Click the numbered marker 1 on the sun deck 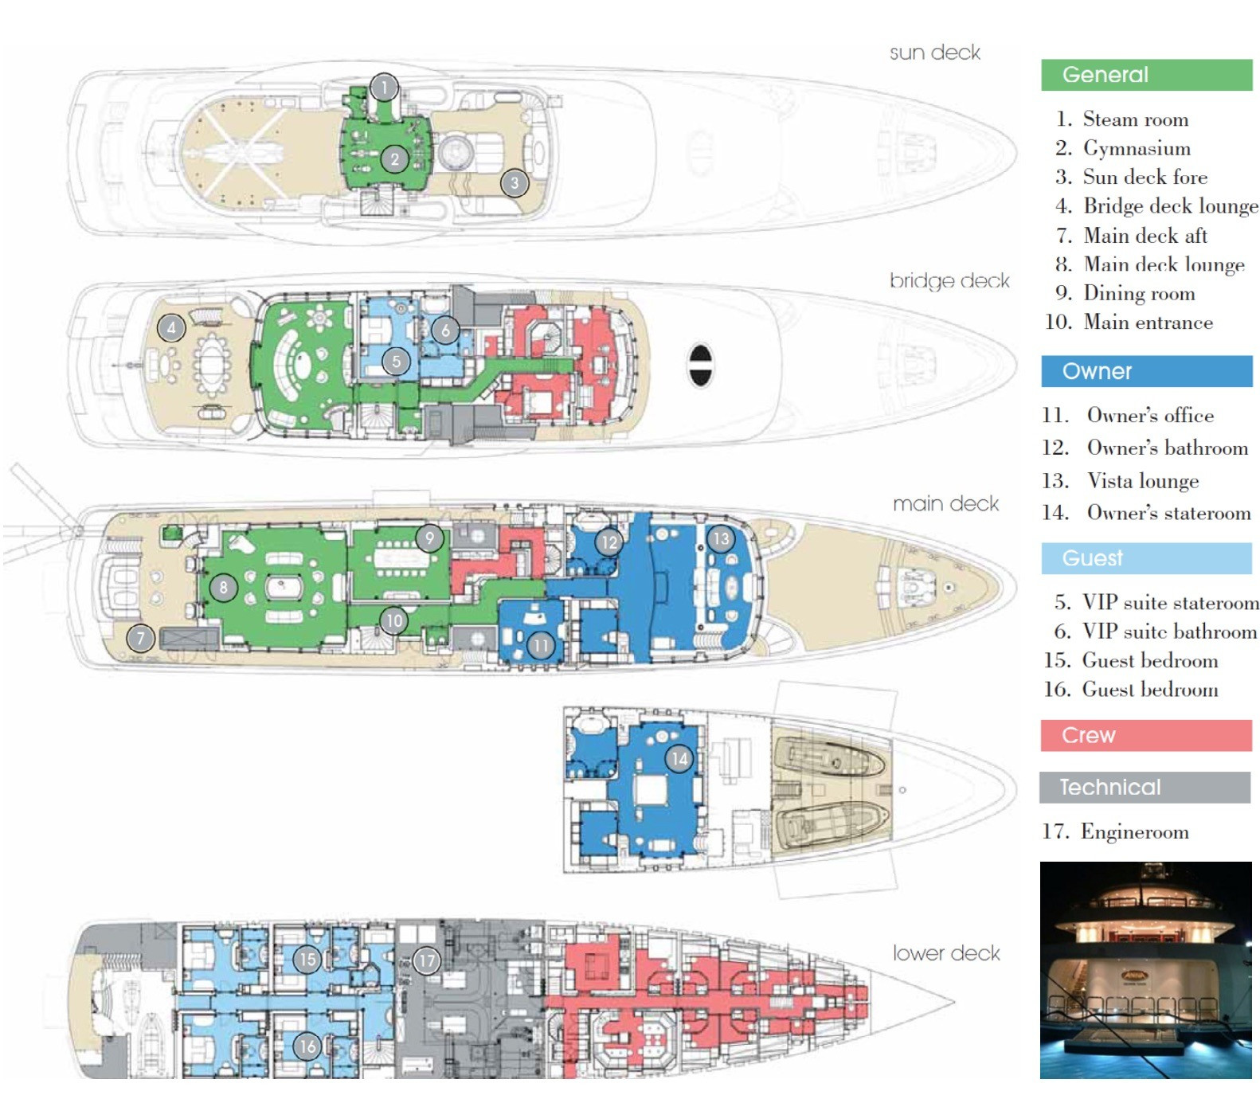tap(384, 87)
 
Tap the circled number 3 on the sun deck tap(515, 183)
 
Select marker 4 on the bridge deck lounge tap(171, 327)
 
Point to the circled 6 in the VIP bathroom tap(445, 329)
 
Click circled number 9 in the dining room tap(429, 538)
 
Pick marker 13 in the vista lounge tap(720, 539)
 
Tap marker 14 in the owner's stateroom tap(679, 758)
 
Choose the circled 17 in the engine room tap(427, 960)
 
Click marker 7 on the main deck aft tap(141, 638)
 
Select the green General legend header tap(1145, 75)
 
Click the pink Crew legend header tap(1145, 735)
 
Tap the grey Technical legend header tap(1144, 787)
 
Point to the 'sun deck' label tap(934, 53)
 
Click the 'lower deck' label tap(945, 953)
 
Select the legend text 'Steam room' tap(1135, 119)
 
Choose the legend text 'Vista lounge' tap(1142, 481)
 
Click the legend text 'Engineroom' tap(1134, 832)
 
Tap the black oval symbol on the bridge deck tap(700, 365)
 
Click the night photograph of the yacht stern tap(1145, 970)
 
